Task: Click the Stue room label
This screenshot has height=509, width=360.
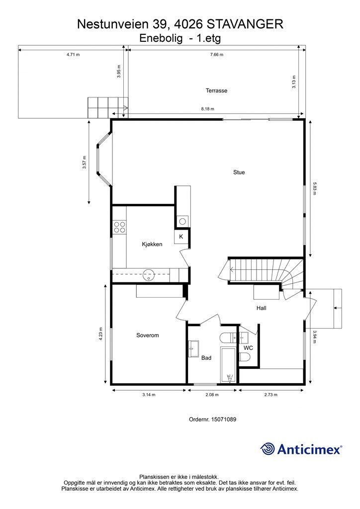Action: click(239, 172)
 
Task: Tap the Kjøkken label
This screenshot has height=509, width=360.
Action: click(152, 244)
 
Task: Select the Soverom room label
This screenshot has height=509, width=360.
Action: click(148, 336)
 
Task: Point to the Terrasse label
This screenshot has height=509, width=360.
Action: click(216, 90)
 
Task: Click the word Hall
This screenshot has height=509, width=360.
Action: click(262, 308)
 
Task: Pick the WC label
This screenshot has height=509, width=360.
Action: click(248, 348)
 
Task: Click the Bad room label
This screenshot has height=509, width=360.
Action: click(206, 358)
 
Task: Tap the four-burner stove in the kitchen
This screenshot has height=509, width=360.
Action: click(119, 227)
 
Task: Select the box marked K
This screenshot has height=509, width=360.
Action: click(181, 237)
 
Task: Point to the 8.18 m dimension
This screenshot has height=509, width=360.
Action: click(207, 109)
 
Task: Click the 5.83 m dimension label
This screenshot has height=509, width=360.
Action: click(314, 188)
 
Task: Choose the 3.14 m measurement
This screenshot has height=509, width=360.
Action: click(149, 395)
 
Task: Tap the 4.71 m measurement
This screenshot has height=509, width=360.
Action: click(73, 55)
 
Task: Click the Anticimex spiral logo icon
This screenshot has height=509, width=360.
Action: click(268, 449)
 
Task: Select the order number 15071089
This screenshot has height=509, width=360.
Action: click(224, 420)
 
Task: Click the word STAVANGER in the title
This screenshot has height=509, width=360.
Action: click(245, 24)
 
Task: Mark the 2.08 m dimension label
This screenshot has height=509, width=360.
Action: click(212, 395)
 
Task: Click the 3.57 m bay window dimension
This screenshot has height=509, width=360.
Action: click(85, 163)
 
